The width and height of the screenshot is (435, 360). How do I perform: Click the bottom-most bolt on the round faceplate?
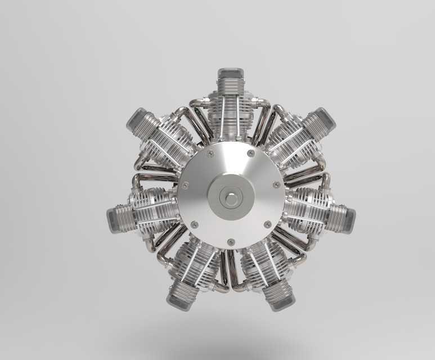pyautogui.click(x=230, y=242)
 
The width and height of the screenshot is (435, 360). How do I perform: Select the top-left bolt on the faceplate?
pyautogui.click(x=210, y=154)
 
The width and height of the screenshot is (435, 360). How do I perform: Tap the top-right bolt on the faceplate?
pyautogui.click(x=251, y=153)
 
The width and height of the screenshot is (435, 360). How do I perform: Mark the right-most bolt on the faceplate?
pyautogui.click(x=276, y=184)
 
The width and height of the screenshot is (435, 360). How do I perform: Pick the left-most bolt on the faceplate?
pyautogui.click(x=185, y=185)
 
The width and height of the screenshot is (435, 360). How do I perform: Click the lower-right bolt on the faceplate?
pyautogui.click(x=266, y=224)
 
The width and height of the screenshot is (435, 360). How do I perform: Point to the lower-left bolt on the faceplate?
pyautogui.click(x=194, y=224)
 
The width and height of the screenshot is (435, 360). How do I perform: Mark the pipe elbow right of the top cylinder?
pyautogui.click(x=265, y=103)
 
